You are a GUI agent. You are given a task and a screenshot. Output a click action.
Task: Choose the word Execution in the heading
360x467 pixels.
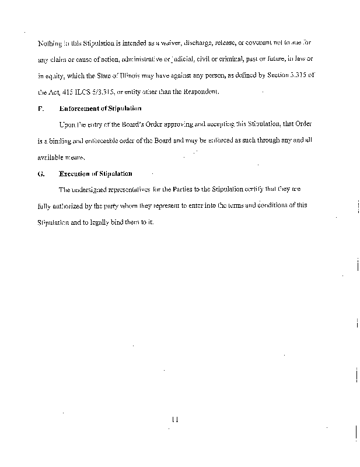click(x=78, y=173)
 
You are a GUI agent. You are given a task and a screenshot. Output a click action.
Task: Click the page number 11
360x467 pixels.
click(x=174, y=419)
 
